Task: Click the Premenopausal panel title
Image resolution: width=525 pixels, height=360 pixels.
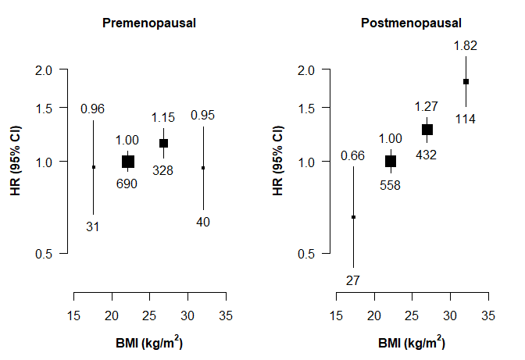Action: click(149, 23)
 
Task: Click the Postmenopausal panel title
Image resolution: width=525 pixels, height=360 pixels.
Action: click(411, 23)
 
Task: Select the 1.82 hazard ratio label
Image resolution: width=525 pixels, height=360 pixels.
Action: click(466, 46)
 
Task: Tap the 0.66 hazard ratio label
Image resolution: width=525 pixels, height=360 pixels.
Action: click(353, 155)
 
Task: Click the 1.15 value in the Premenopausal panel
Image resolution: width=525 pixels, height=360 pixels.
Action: click(163, 118)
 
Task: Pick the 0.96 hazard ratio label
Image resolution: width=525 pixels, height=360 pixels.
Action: click(93, 109)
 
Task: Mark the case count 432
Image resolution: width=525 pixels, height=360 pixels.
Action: click(427, 154)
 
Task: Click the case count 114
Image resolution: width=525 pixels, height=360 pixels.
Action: click(466, 119)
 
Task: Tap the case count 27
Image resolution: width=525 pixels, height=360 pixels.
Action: click(353, 280)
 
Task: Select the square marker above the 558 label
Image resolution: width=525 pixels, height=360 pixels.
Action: click(391, 161)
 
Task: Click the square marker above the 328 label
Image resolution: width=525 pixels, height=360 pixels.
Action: click(163, 143)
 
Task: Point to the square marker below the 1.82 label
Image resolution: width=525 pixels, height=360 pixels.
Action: click(466, 81)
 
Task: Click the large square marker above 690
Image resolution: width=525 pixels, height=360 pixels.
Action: click(128, 161)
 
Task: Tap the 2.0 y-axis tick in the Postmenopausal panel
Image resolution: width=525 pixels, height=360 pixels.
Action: click(312, 70)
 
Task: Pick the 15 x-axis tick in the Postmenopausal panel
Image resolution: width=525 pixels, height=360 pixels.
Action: click(335, 315)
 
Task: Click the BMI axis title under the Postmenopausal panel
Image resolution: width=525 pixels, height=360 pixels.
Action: click(411, 342)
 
